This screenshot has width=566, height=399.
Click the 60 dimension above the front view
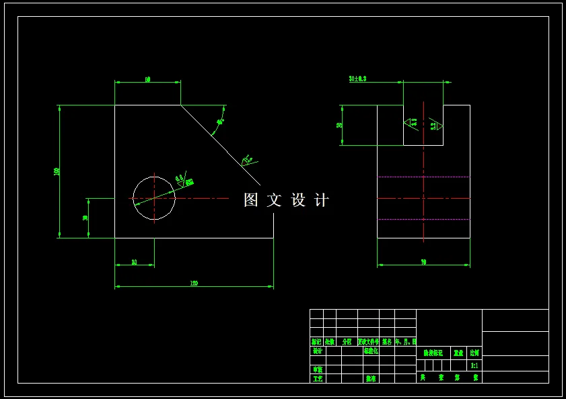[x=147, y=79]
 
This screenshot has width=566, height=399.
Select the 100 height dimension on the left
[x=57, y=171]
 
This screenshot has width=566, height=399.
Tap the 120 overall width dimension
[x=194, y=283]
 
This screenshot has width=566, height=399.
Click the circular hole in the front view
[x=154, y=198]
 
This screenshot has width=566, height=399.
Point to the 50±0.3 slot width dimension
[x=357, y=79]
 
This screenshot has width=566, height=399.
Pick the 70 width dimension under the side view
[x=423, y=262]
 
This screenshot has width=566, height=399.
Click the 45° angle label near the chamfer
[x=219, y=122]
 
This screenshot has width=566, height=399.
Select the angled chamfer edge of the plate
[x=220, y=145]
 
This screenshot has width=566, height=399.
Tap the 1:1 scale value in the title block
[x=474, y=365]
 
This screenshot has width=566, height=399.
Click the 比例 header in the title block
[x=474, y=353]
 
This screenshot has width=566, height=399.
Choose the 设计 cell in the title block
[x=317, y=351]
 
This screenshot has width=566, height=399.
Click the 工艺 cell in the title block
[x=317, y=379]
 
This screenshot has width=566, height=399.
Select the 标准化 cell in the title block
[x=371, y=351]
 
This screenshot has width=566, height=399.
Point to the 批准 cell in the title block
[x=371, y=379]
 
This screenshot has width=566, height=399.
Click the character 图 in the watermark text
[x=251, y=200]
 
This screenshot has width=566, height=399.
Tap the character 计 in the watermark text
[x=322, y=200]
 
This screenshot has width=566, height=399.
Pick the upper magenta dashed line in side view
[x=423, y=177]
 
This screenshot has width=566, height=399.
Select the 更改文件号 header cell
[x=368, y=341]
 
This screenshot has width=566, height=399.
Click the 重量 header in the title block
[x=458, y=353]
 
